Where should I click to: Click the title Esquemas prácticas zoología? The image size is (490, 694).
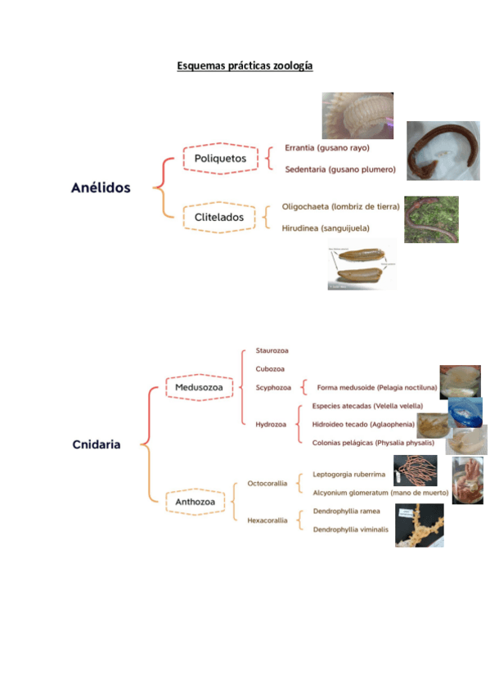245,65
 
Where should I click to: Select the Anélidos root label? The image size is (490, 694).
101,187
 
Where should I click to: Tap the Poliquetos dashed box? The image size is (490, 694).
220,159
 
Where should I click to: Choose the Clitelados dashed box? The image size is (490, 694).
219,217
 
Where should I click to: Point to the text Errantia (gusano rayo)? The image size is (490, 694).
327,148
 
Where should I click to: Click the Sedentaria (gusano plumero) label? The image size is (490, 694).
340,169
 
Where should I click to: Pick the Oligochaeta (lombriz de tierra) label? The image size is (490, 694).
340,207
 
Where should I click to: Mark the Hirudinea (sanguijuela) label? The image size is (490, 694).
325,228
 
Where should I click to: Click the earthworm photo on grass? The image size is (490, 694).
431,219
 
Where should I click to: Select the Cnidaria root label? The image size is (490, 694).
97,445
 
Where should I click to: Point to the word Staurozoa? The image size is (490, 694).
272,350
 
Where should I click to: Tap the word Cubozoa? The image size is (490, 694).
270,369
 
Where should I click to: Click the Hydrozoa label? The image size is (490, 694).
271,425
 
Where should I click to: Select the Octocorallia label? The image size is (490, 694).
267,484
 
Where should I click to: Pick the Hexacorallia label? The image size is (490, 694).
267,520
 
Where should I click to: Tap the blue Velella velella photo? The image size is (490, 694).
465,411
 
